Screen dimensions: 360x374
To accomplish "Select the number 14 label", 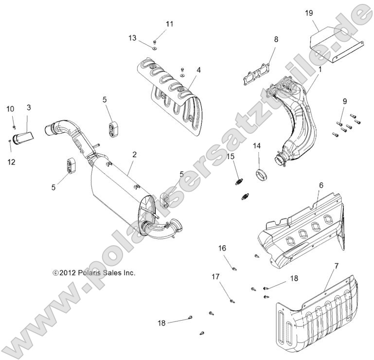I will pyautogui.click(x=256, y=145).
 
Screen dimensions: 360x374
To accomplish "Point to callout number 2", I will pyautogui.click(x=135, y=155).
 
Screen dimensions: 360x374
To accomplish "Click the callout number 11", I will pyautogui.click(x=169, y=24).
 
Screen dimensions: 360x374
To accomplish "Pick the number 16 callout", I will pyautogui.click(x=222, y=248).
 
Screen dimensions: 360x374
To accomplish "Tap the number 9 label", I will pyautogui.click(x=344, y=101).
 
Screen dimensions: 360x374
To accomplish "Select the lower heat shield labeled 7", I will pyautogui.click(x=321, y=321).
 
